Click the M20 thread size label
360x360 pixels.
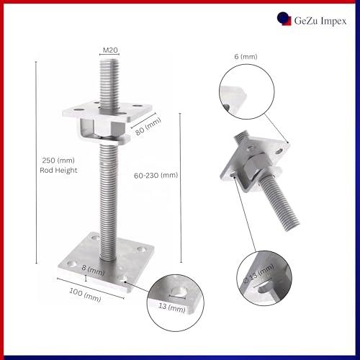point(110,50)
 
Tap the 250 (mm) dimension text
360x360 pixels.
point(58,161)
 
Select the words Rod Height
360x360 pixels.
point(58,171)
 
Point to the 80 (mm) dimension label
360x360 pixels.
point(148,127)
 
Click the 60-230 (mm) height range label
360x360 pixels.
point(156,176)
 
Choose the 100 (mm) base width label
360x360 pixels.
point(85,295)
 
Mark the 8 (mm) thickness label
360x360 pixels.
point(93,270)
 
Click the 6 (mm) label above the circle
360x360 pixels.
point(246,57)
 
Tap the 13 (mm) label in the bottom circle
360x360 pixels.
point(172,307)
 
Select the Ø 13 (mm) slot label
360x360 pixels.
point(258,274)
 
